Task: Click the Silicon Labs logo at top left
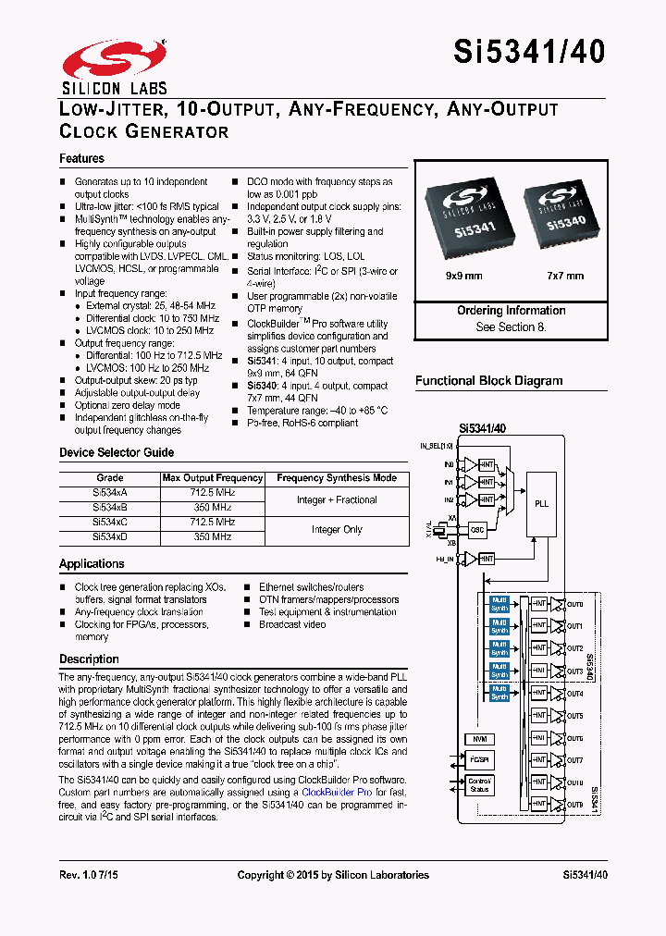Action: coord(114,67)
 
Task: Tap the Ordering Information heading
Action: coord(511,311)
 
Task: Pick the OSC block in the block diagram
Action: coord(478,530)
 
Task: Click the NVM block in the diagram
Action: coord(478,739)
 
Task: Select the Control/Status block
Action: coord(480,786)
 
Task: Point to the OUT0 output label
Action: coord(575,603)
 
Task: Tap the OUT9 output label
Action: coord(575,805)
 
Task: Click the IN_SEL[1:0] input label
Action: coord(438,446)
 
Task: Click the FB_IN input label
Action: coord(445,559)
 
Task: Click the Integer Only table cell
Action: coord(337,530)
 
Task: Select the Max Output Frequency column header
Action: coord(213,478)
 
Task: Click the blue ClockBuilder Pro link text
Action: coord(337,793)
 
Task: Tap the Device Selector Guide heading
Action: coord(117,452)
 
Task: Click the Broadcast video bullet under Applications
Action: coord(292,624)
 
